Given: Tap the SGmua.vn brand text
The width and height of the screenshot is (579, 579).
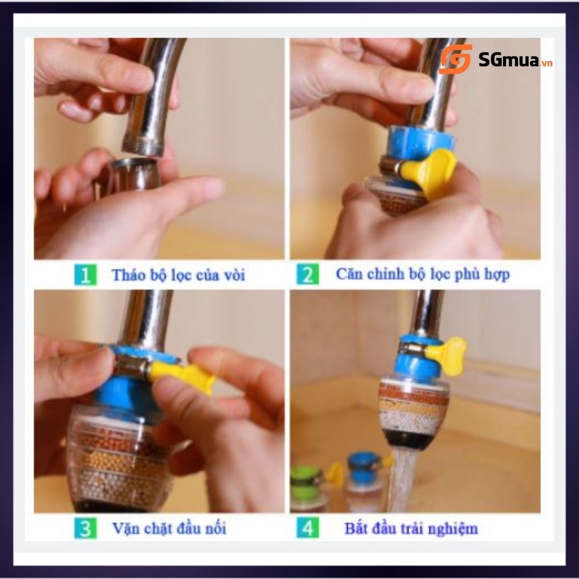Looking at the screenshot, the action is point(516,60).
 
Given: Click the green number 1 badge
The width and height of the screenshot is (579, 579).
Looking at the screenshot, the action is point(85,274).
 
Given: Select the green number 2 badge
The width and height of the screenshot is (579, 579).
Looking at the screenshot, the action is point(308,274).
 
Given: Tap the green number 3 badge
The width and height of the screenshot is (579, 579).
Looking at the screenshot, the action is point(85,528).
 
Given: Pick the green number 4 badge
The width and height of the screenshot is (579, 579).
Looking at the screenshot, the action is point(308,528).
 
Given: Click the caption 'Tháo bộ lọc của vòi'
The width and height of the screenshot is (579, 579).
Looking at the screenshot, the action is point(178,275).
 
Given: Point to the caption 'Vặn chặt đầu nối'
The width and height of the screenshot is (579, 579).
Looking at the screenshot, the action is point(169,529).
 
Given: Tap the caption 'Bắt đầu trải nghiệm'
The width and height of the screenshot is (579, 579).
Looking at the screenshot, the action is point(412,529).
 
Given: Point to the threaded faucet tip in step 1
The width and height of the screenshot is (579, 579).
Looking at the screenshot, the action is point(143,145).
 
